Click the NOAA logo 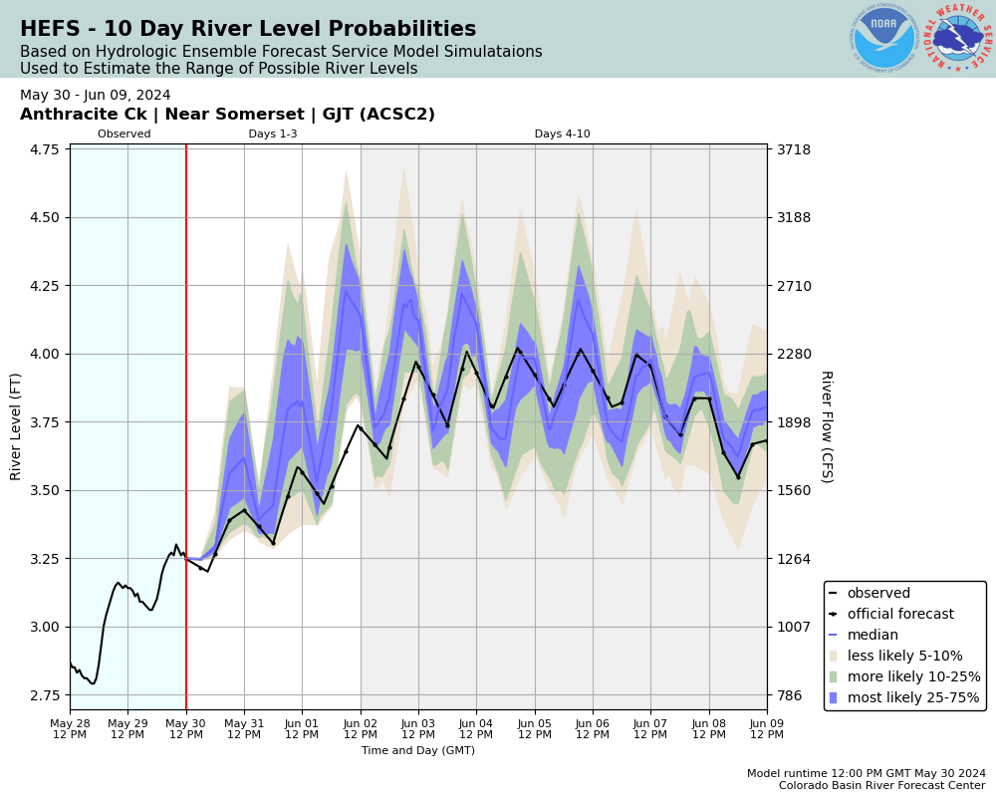883,38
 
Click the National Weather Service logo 958,38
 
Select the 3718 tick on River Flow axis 794,149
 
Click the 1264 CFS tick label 794,559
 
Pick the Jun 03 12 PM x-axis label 418,728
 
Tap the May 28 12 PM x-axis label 70,728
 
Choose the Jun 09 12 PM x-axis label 767,728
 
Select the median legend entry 872,636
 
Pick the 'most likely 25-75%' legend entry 913,698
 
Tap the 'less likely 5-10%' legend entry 904,657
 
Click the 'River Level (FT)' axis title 16,426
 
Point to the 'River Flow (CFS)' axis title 826,426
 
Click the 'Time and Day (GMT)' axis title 418,751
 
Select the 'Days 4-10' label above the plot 562,134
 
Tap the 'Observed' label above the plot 124,134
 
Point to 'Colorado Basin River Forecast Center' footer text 882,786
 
